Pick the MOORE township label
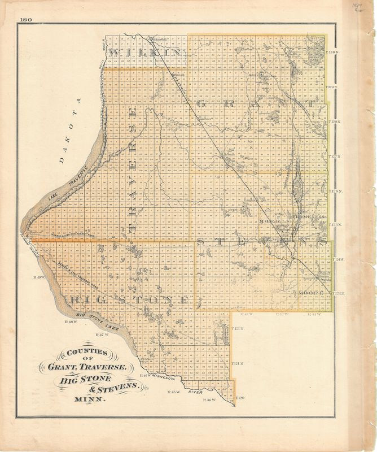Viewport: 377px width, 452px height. (308, 293)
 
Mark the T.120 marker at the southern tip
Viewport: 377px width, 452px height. (241, 399)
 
